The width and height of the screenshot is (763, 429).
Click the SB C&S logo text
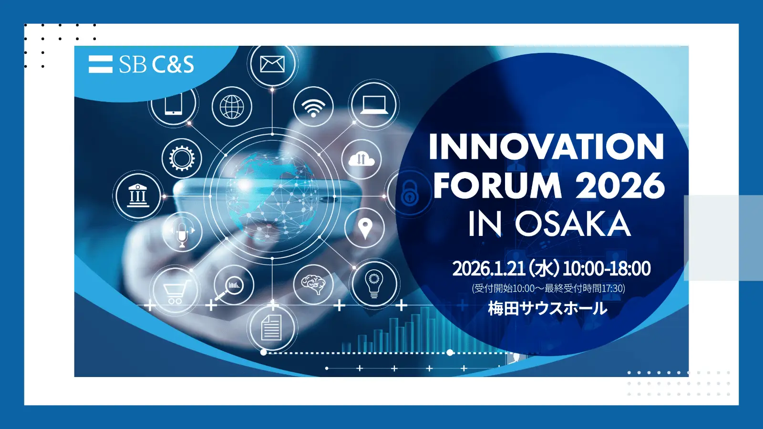tap(156, 64)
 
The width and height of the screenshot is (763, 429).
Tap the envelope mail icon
tap(272, 64)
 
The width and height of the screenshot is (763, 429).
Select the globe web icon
tap(232, 106)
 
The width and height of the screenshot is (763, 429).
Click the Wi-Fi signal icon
tap(313, 107)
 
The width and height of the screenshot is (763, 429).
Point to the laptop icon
tap(374, 105)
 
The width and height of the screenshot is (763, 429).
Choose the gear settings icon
tap(182, 158)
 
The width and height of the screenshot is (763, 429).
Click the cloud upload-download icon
tap(361, 159)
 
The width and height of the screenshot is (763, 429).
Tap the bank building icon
tap(138, 195)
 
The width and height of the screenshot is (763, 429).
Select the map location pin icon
tap(365, 228)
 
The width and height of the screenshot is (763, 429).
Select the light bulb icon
tap(374, 284)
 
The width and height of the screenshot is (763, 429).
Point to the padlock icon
tap(410, 194)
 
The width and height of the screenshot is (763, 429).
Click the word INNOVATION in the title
tap(546, 147)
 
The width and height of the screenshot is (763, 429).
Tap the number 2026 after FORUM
tap(620, 185)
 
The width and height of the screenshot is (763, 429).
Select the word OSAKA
tap(572, 224)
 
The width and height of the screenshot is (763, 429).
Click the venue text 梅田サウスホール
tap(547, 308)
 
